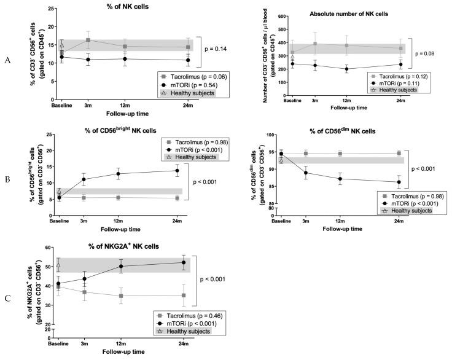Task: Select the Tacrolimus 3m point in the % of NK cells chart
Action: (x=88, y=40)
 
